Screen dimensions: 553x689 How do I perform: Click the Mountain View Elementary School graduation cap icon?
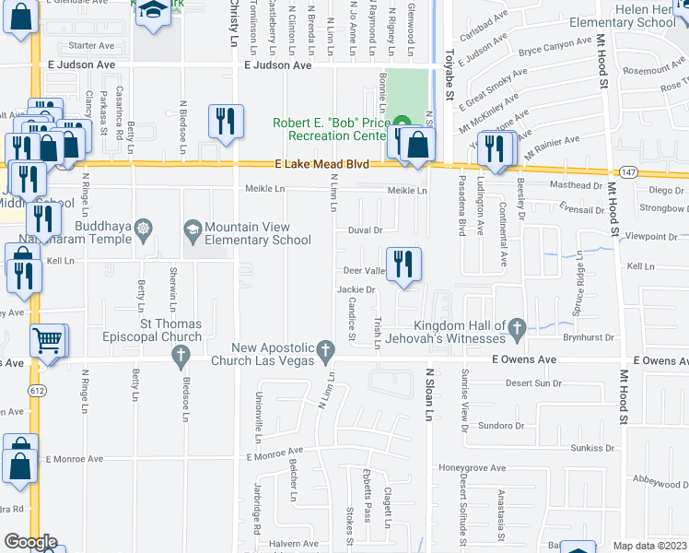[193, 228]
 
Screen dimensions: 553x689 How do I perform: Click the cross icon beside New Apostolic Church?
[323, 350]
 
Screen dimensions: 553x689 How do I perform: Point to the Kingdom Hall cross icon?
[518, 326]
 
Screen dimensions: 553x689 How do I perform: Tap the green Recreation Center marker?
[402, 124]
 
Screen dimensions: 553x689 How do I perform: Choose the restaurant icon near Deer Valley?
[403, 265]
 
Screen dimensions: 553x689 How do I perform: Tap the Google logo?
[30, 542]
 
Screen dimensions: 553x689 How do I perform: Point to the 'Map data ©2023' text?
[650, 546]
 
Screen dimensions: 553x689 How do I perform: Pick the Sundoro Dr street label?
[502, 427]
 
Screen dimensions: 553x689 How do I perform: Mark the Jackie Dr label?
[357, 289]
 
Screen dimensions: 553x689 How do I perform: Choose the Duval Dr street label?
[365, 230]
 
